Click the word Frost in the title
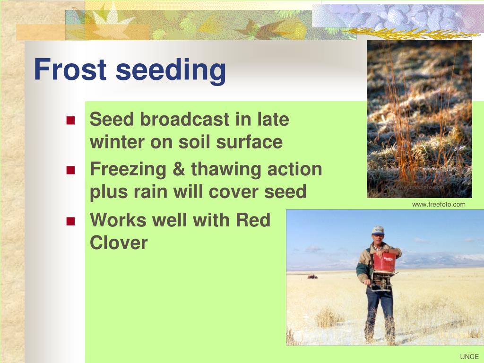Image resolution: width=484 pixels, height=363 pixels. [x=70, y=69]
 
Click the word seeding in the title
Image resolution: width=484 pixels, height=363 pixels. [x=171, y=71]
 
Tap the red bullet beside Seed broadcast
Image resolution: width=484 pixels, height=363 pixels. [x=71, y=120]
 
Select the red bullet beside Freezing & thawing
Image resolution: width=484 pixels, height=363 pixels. [x=71, y=170]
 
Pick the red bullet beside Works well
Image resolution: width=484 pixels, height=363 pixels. [x=71, y=221]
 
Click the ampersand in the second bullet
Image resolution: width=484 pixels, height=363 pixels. [x=179, y=169]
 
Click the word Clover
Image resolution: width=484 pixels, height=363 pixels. [x=119, y=242]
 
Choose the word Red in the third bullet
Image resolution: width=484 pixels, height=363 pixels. [x=253, y=220]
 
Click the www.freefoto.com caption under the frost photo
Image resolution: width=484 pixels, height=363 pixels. [x=439, y=204]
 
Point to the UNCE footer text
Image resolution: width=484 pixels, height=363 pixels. [x=469, y=356]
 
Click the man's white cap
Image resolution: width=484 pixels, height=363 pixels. [x=378, y=230]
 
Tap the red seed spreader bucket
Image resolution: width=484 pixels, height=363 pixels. [x=384, y=262]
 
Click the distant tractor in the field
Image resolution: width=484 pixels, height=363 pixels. [x=312, y=277]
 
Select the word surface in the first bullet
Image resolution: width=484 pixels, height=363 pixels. [x=249, y=142]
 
